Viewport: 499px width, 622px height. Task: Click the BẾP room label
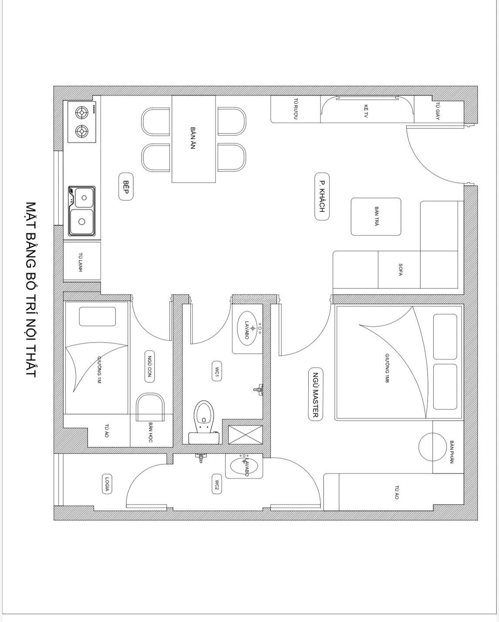(126, 187)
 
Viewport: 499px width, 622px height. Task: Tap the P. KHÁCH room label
(322, 197)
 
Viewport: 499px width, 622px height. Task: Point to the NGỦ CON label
(149, 366)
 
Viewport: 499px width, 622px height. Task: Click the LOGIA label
(106, 484)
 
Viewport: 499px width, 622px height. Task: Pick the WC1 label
(216, 371)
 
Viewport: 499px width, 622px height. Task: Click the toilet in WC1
(203, 415)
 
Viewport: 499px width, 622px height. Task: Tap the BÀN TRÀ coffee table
(376, 217)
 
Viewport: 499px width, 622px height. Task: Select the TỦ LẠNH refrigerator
(82, 261)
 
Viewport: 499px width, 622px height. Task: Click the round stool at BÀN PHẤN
(432, 446)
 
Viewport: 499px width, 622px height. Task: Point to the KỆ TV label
(366, 110)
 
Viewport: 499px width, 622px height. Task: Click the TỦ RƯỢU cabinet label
(295, 109)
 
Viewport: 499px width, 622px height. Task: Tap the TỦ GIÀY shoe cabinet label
(438, 110)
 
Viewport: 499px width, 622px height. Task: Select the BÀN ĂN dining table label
(192, 138)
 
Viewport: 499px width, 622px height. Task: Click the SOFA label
(400, 270)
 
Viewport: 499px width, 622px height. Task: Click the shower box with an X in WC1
(245, 435)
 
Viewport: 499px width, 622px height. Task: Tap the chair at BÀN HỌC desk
(150, 407)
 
